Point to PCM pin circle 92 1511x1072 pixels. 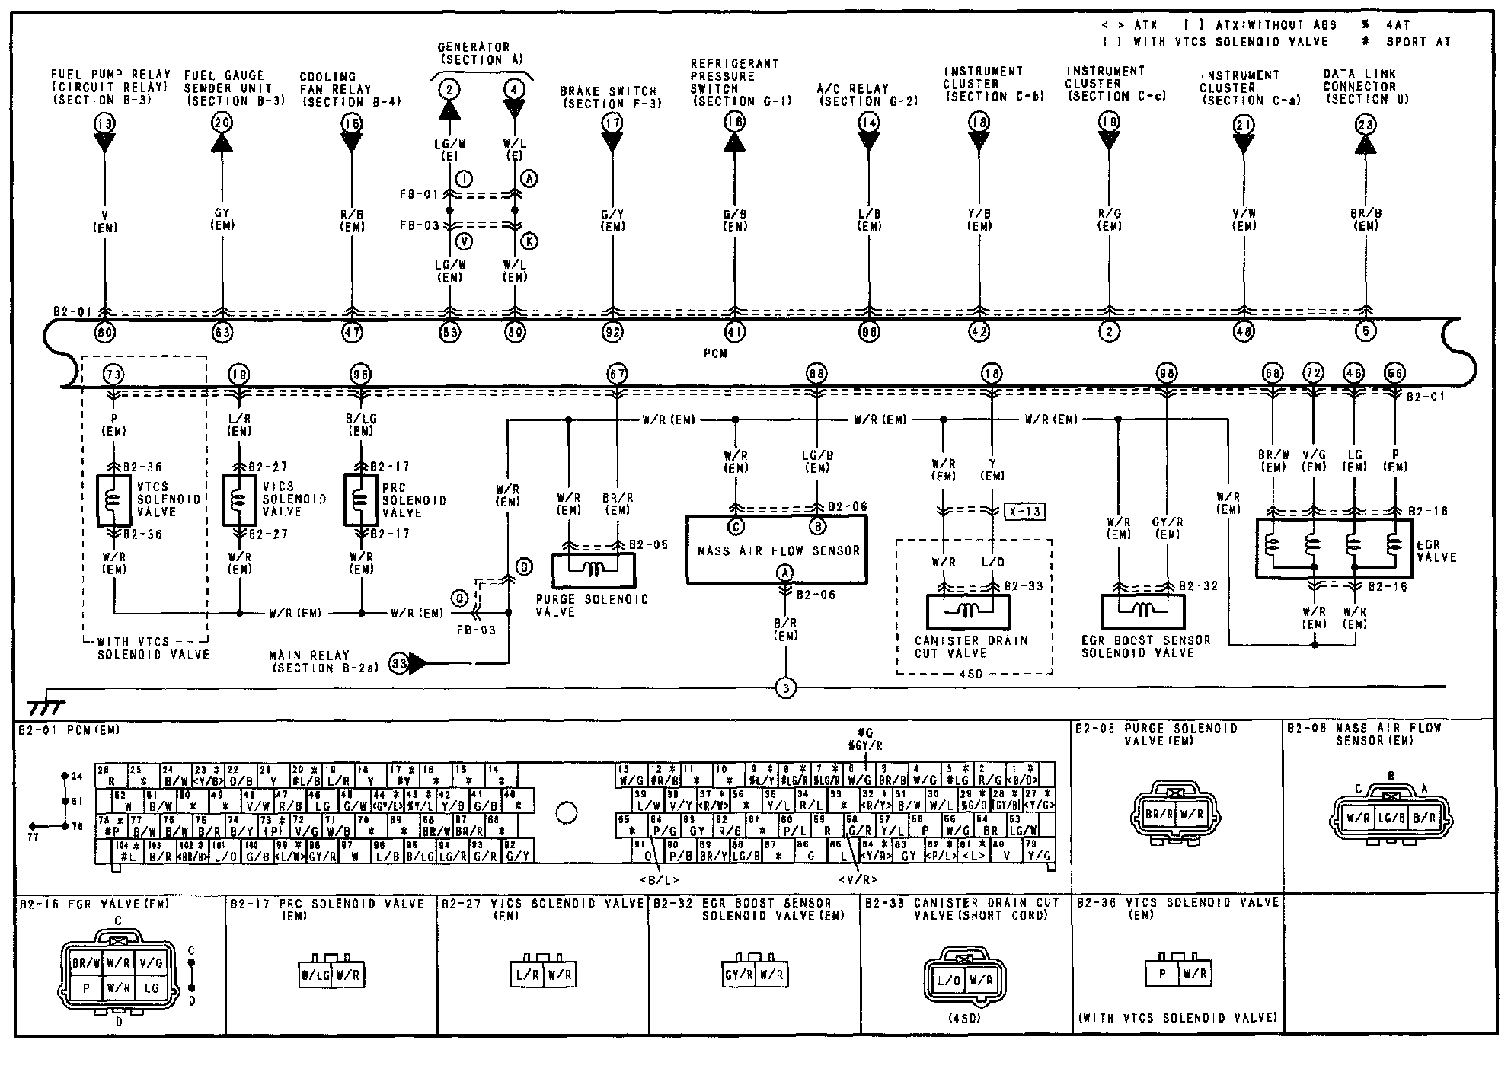tap(612, 332)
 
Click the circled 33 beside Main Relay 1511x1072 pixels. tap(398, 663)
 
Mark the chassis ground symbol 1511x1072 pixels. tap(46, 707)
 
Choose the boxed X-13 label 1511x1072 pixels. tap(1024, 512)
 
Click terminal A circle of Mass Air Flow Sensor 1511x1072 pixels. tap(784, 573)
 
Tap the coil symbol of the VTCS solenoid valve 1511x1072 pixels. tap(114, 500)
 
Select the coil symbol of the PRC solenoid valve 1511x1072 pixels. tap(360, 500)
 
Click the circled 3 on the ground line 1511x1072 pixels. tap(785, 688)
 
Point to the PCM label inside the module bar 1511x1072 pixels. tap(715, 353)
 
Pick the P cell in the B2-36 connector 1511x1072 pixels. tap(1162, 974)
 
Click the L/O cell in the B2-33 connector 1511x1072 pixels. tap(949, 981)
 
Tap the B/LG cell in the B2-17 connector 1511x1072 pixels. tap(315, 975)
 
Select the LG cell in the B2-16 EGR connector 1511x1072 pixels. tap(151, 987)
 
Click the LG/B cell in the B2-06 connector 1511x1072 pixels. tap(1391, 818)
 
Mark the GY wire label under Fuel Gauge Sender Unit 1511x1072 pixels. tap(222, 214)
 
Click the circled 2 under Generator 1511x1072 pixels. tap(449, 90)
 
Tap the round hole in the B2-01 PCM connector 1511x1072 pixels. tap(566, 814)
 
